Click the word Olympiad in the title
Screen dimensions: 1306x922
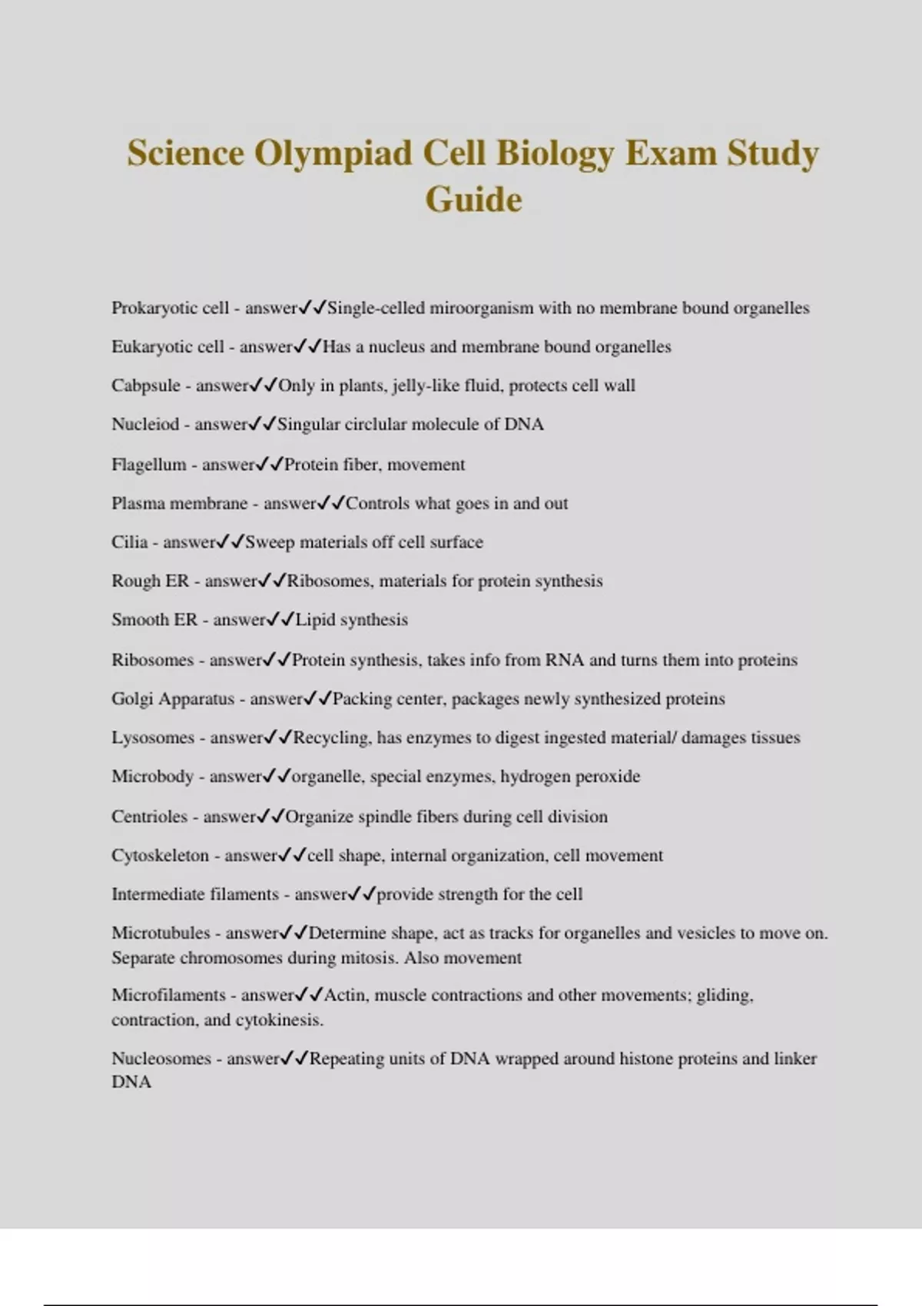pyautogui.click(x=334, y=153)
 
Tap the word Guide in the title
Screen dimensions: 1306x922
pyautogui.click(x=473, y=200)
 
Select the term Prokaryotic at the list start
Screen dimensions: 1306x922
pyautogui.click(x=148, y=308)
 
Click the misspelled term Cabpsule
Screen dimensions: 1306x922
pyautogui.click(x=146, y=386)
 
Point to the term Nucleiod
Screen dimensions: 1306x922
pyautogui.click(x=145, y=424)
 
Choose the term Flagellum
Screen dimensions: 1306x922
pyautogui.click(x=149, y=465)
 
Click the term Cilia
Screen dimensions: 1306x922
pyautogui.click(x=129, y=542)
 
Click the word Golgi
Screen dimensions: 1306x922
pyautogui.click(x=132, y=699)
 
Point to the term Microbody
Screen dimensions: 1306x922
pyautogui.click(x=152, y=777)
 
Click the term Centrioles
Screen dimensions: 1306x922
pyautogui.click(x=149, y=817)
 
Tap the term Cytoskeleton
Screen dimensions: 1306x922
pyautogui.click(x=160, y=856)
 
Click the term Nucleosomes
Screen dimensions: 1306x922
pyautogui.click(x=161, y=1059)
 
